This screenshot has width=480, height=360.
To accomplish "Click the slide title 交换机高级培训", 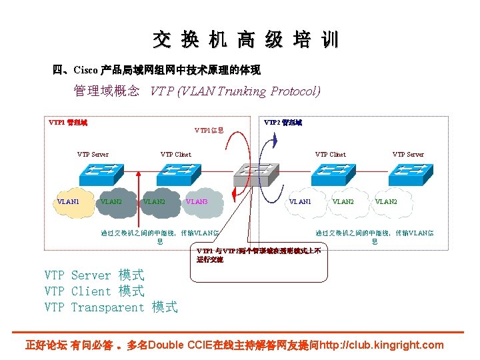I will tap(245, 40).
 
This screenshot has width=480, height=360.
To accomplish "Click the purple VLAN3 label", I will tap(197, 201).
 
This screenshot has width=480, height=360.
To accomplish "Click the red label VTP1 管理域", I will tap(68, 123).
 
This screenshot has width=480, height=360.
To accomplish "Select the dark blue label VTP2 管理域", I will tap(283, 123).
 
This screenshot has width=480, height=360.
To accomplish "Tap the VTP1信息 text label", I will tap(209, 130).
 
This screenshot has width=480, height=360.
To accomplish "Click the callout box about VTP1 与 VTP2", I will tap(260, 255).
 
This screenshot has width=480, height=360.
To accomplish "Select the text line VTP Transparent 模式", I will tap(111, 307).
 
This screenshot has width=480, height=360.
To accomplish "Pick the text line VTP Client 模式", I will tap(94, 291).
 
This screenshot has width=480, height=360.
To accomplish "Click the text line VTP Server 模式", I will tap(94, 275).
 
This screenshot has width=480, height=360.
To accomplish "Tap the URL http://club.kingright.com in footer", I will tap(381, 345).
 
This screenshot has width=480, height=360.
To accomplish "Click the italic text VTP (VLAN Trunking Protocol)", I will tap(235, 91).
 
